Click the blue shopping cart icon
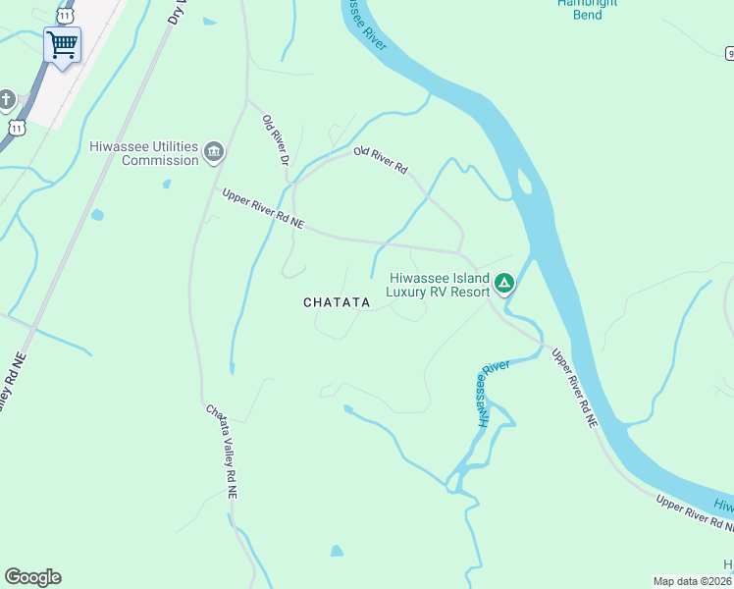[62, 44]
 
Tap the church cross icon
[7, 99]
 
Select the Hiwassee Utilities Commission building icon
[214, 153]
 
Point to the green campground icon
[503, 284]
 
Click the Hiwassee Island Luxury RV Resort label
[438, 284]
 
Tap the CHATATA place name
[337, 302]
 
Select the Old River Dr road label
[276, 140]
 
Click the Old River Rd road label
[381, 160]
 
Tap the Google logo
[32, 577]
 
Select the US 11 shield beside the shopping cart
[65, 16]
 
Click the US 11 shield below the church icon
[17, 128]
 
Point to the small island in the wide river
[524, 183]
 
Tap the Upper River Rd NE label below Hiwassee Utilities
[263, 209]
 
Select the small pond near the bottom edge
[337, 551]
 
